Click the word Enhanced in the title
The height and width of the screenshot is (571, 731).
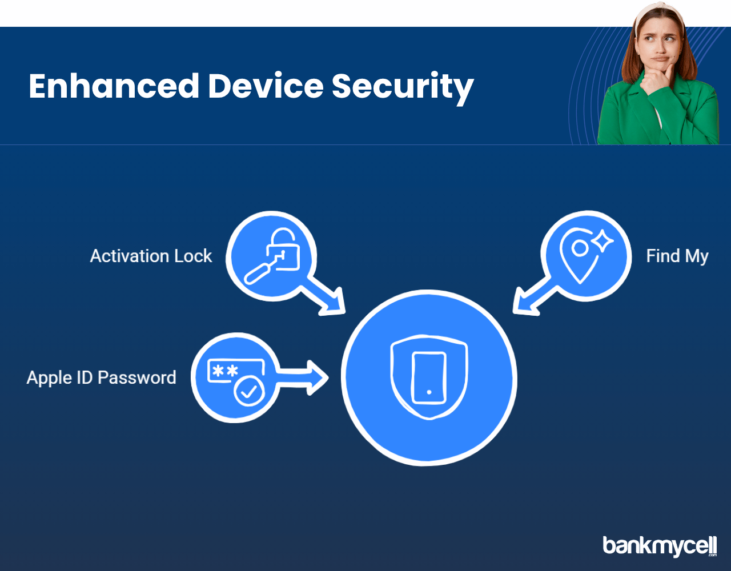click(114, 86)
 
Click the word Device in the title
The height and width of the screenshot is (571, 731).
click(266, 86)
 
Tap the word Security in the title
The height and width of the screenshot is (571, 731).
click(403, 88)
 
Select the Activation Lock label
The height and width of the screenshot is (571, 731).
click(151, 256)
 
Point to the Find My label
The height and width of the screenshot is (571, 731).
click(677, 256)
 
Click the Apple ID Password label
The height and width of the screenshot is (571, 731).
click(101, 377)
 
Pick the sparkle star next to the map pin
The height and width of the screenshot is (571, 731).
click(604, 241)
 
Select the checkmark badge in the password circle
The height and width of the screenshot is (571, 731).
click(249, 392)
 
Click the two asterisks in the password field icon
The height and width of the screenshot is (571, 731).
click(226, 371)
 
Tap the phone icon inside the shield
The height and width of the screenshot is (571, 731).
click(429, 377)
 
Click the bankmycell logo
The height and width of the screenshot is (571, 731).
click(660, 546)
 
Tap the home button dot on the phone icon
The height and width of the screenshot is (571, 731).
click(429, 392)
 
